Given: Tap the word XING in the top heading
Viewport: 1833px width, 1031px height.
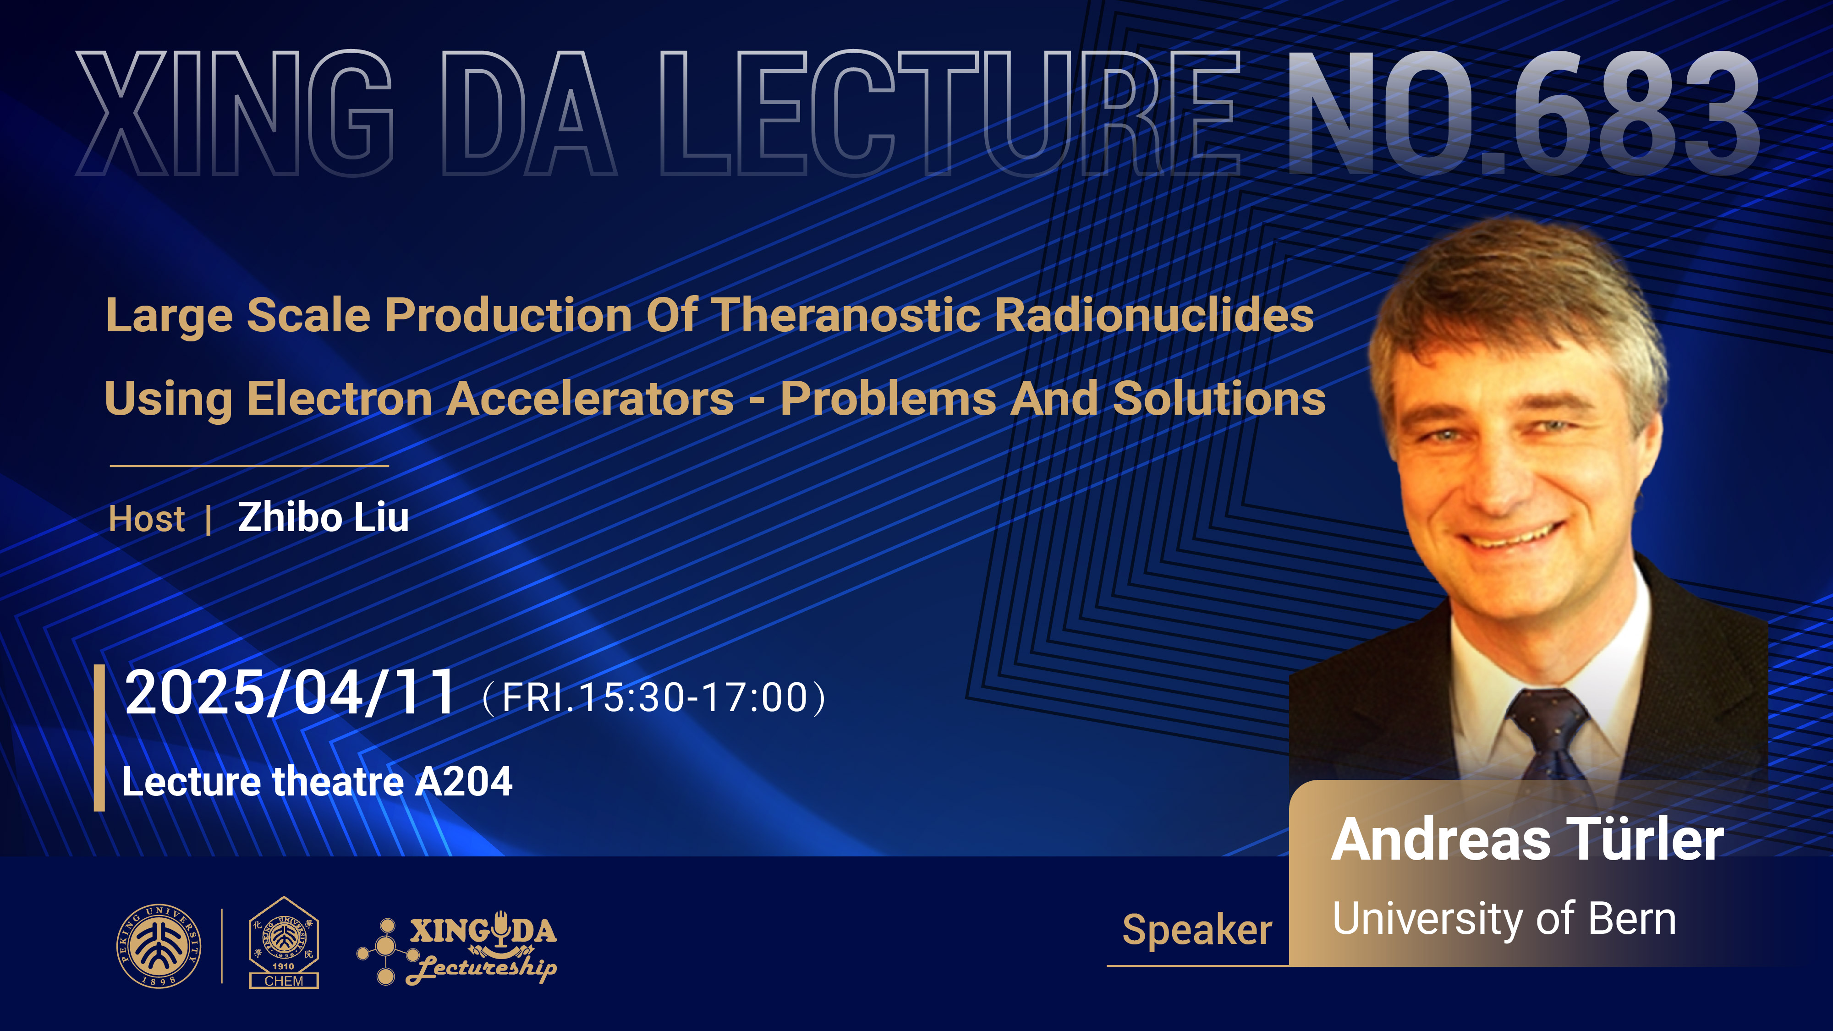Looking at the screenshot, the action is tap(235, 113).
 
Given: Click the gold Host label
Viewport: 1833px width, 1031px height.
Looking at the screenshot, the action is tap(147, 519).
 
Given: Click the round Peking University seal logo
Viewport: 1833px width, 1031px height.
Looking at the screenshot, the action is tap(159, 946).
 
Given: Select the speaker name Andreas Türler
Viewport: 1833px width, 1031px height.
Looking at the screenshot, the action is tap(1527, 839).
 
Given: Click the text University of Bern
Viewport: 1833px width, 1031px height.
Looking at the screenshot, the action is tap(1504, 919).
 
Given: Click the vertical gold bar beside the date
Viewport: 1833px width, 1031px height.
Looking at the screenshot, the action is tap(99, 738).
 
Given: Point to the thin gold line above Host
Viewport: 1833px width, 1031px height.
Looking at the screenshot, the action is tap(249, 466).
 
